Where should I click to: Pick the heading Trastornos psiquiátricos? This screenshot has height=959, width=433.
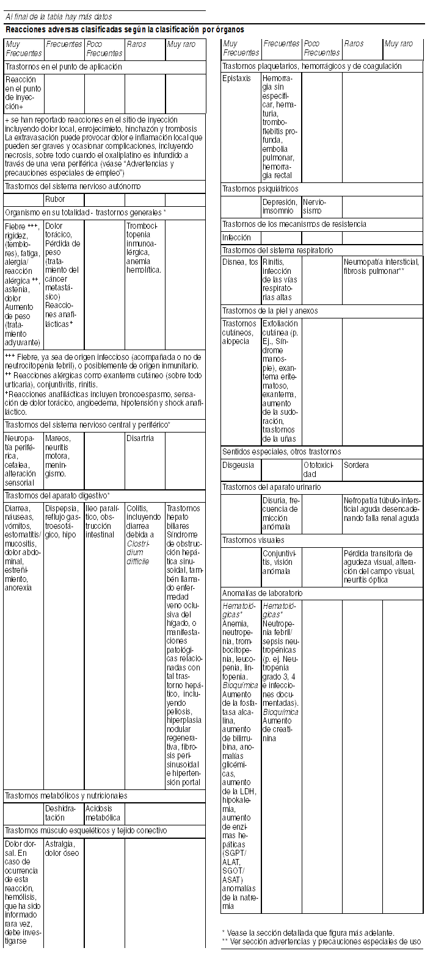point(260,189)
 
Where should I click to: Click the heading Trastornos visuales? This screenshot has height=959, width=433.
point(253,541)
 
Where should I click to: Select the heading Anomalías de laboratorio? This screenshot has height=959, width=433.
point(263,593)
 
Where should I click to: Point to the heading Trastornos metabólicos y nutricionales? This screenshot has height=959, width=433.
point(66,796)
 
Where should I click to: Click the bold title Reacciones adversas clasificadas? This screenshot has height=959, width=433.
point(125,29)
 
